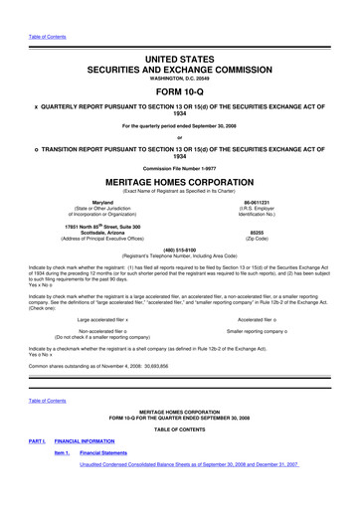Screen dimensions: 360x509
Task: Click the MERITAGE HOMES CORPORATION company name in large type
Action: [180, 184]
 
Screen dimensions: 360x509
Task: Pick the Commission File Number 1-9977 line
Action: [180, 168]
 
